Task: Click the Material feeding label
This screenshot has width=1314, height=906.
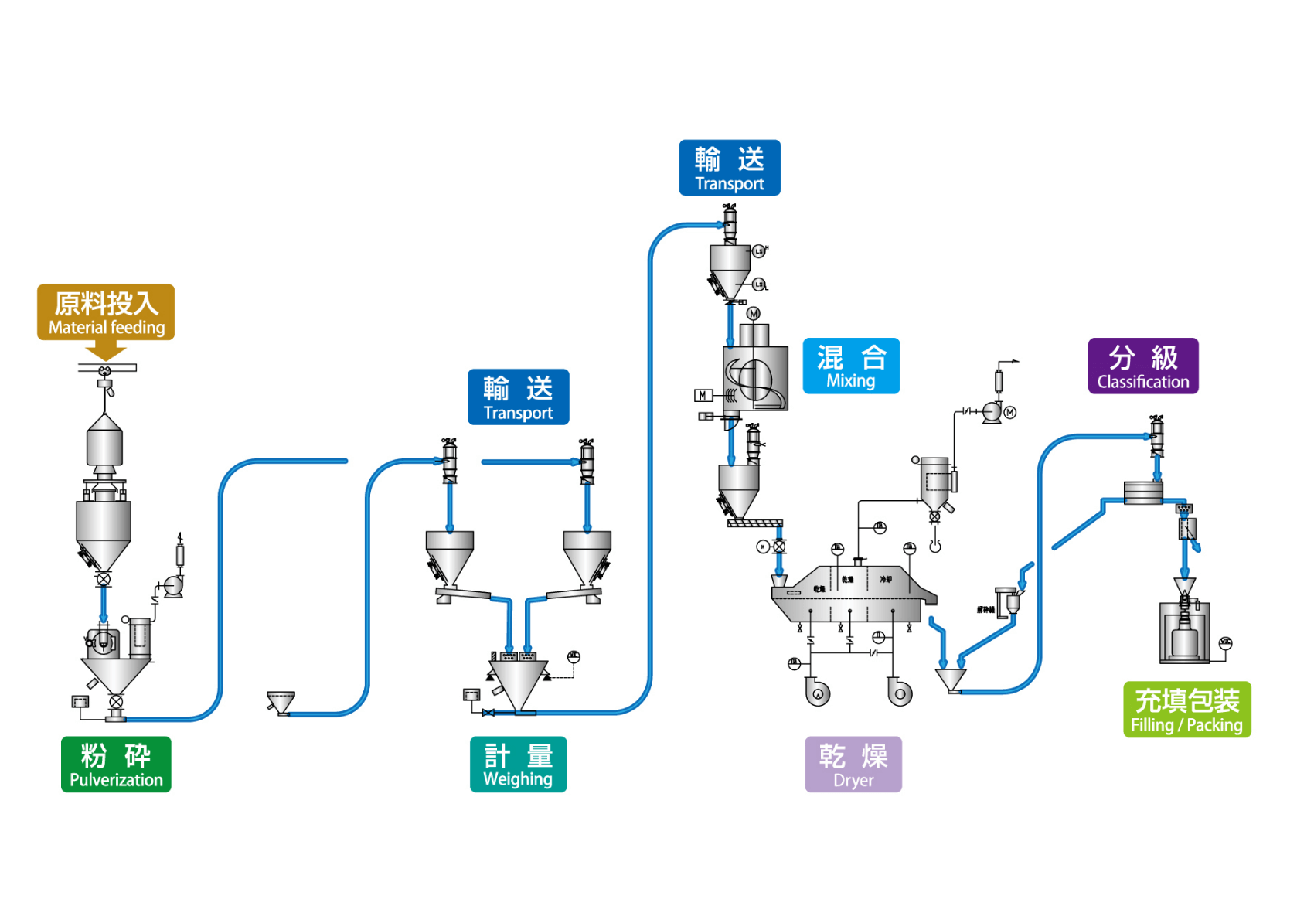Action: [x=106, y=312]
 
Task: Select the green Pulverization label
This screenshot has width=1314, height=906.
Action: [x=116, y=764]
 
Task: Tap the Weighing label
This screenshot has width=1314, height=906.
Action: [x=518, y=764]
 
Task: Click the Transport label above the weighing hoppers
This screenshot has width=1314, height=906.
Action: [x=518, y=397]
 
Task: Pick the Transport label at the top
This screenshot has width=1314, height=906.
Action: [x=730, y=168]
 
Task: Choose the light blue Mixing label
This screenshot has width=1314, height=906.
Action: [x=851, y=366]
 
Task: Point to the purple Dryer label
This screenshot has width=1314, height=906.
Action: [x=853, y=764]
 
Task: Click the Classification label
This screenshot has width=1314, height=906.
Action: [x=1143, y=366]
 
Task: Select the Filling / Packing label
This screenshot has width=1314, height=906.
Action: [x=1186, y=709]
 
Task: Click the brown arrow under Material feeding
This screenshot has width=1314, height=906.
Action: [x=106, y=351]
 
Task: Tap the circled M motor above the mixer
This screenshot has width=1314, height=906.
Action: [x=754, y=313]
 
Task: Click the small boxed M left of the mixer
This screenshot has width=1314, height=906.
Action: [x=703, y=396]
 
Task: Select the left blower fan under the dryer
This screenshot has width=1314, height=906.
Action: [x=817, y=692]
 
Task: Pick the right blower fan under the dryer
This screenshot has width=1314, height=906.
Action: [x=899, y=692]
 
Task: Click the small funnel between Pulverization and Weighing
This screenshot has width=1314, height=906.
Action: [x=280, y=702]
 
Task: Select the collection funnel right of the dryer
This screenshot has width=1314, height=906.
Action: [x=951, y=679]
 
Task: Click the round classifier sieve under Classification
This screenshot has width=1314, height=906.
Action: [x=1143, y=492]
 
